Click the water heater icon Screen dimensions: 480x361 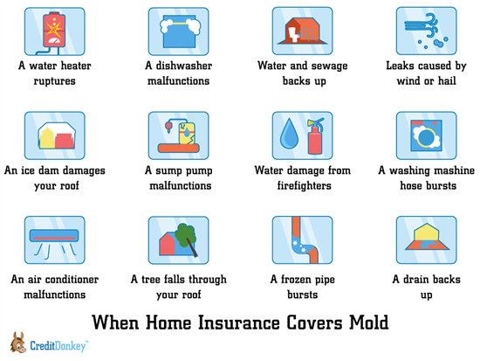[x=54, y=31]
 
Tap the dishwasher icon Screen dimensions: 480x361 [x=178, y=31]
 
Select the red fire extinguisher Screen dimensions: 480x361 [x=315, y=135]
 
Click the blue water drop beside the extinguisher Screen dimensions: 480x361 [x=289, y=134]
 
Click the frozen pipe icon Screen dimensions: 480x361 [x=303, y=240]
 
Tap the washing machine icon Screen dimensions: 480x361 [x=427, y=135]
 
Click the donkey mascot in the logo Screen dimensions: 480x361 [x=18, y=343]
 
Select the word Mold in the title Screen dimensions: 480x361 [x=369, y=323]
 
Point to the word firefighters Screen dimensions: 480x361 [x=304, y=185]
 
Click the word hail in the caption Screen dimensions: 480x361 [x=447, y=80]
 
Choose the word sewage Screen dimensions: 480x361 [x=327, y=66]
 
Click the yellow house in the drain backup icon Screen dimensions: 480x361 [x=427, y=233]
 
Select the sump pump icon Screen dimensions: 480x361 [x=178, y=135]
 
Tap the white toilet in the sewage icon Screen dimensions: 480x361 [x=293, y=34]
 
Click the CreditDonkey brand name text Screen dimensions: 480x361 [x=58, y=346]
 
